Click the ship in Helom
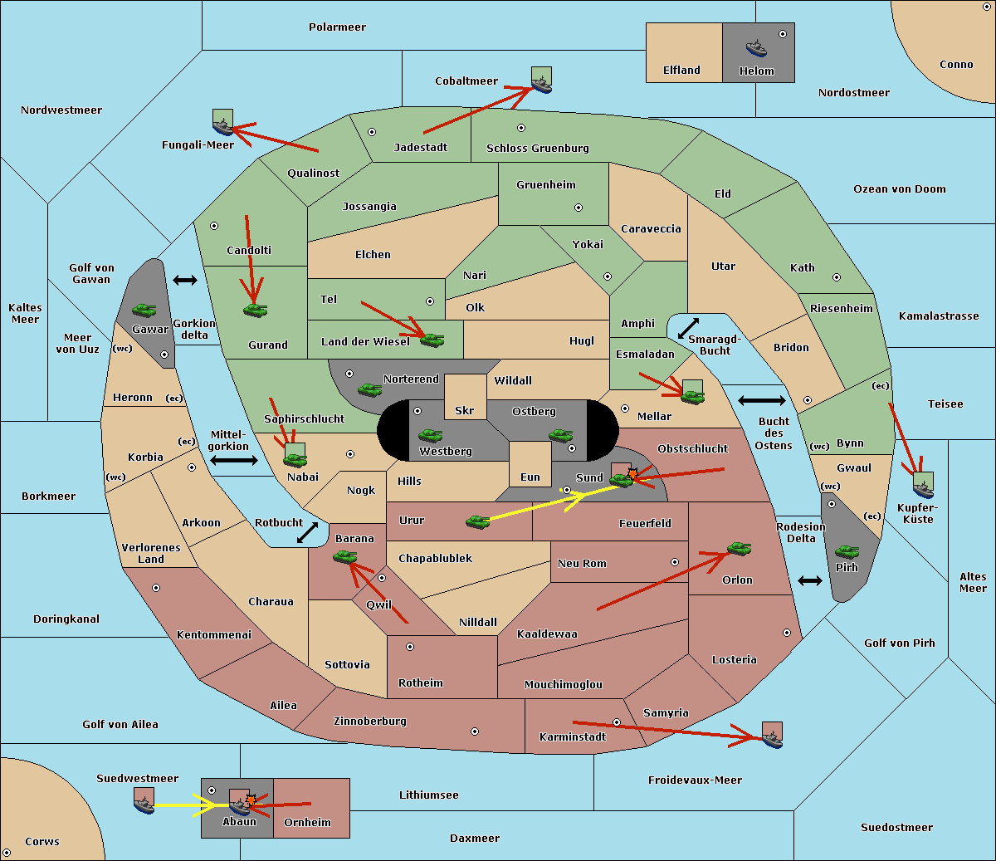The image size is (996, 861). coord(756,48)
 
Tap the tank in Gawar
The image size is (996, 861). coord(144,310)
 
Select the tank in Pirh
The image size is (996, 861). coord(847,551)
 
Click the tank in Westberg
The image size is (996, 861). coord(430,436)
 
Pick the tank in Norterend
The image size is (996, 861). coord(369,389)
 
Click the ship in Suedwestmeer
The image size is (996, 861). coord(144,805)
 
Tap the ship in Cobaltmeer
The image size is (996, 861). coord(542,86)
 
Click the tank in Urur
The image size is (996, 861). coord(477,522)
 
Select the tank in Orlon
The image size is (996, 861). coord(739,549)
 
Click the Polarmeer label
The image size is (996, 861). coord(337,27)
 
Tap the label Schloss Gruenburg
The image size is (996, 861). coord(538,148)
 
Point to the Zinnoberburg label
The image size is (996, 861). coord(370,722)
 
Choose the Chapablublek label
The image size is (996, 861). coord(435,558)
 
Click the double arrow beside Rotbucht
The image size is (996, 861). coord(307,532)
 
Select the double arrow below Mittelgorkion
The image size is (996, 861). coord(234,460)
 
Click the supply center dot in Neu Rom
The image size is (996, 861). coord(675,562)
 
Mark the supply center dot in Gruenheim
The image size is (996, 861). coord(579,208)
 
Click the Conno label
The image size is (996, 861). coord(956,65)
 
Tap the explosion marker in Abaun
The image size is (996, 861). coord(251,800)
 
